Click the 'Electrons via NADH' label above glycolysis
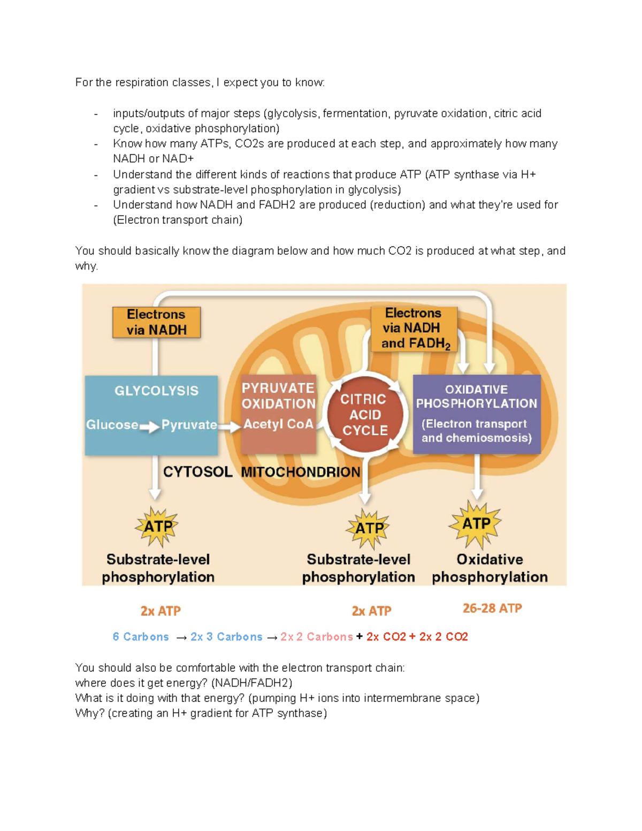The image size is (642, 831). click(x=156, y=322)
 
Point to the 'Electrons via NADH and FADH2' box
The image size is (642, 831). click(x=414, y=328)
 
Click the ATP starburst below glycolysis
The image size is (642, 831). click(x=157, y=527)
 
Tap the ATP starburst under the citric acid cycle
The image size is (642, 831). click(x=368, y=528)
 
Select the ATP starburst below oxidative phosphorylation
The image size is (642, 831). click(x=476, y=524)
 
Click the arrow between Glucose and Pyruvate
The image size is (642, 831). click(x=149, y=426)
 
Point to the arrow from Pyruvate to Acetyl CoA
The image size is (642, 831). click(x=230, y=426)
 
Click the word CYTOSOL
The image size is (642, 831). click(x=197, y=472)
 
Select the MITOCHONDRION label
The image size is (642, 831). click(x=300, y=472)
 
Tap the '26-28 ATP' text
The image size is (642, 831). click(x=492, y=608)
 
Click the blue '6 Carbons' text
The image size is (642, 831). click(x=141, y=637)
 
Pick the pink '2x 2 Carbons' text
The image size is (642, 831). click(x=316, y=637)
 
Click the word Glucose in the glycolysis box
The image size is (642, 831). click(x=112, y=425)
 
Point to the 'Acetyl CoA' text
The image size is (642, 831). click(x=278, y=424)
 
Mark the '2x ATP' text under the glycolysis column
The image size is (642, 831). click(x=160, y=611)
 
